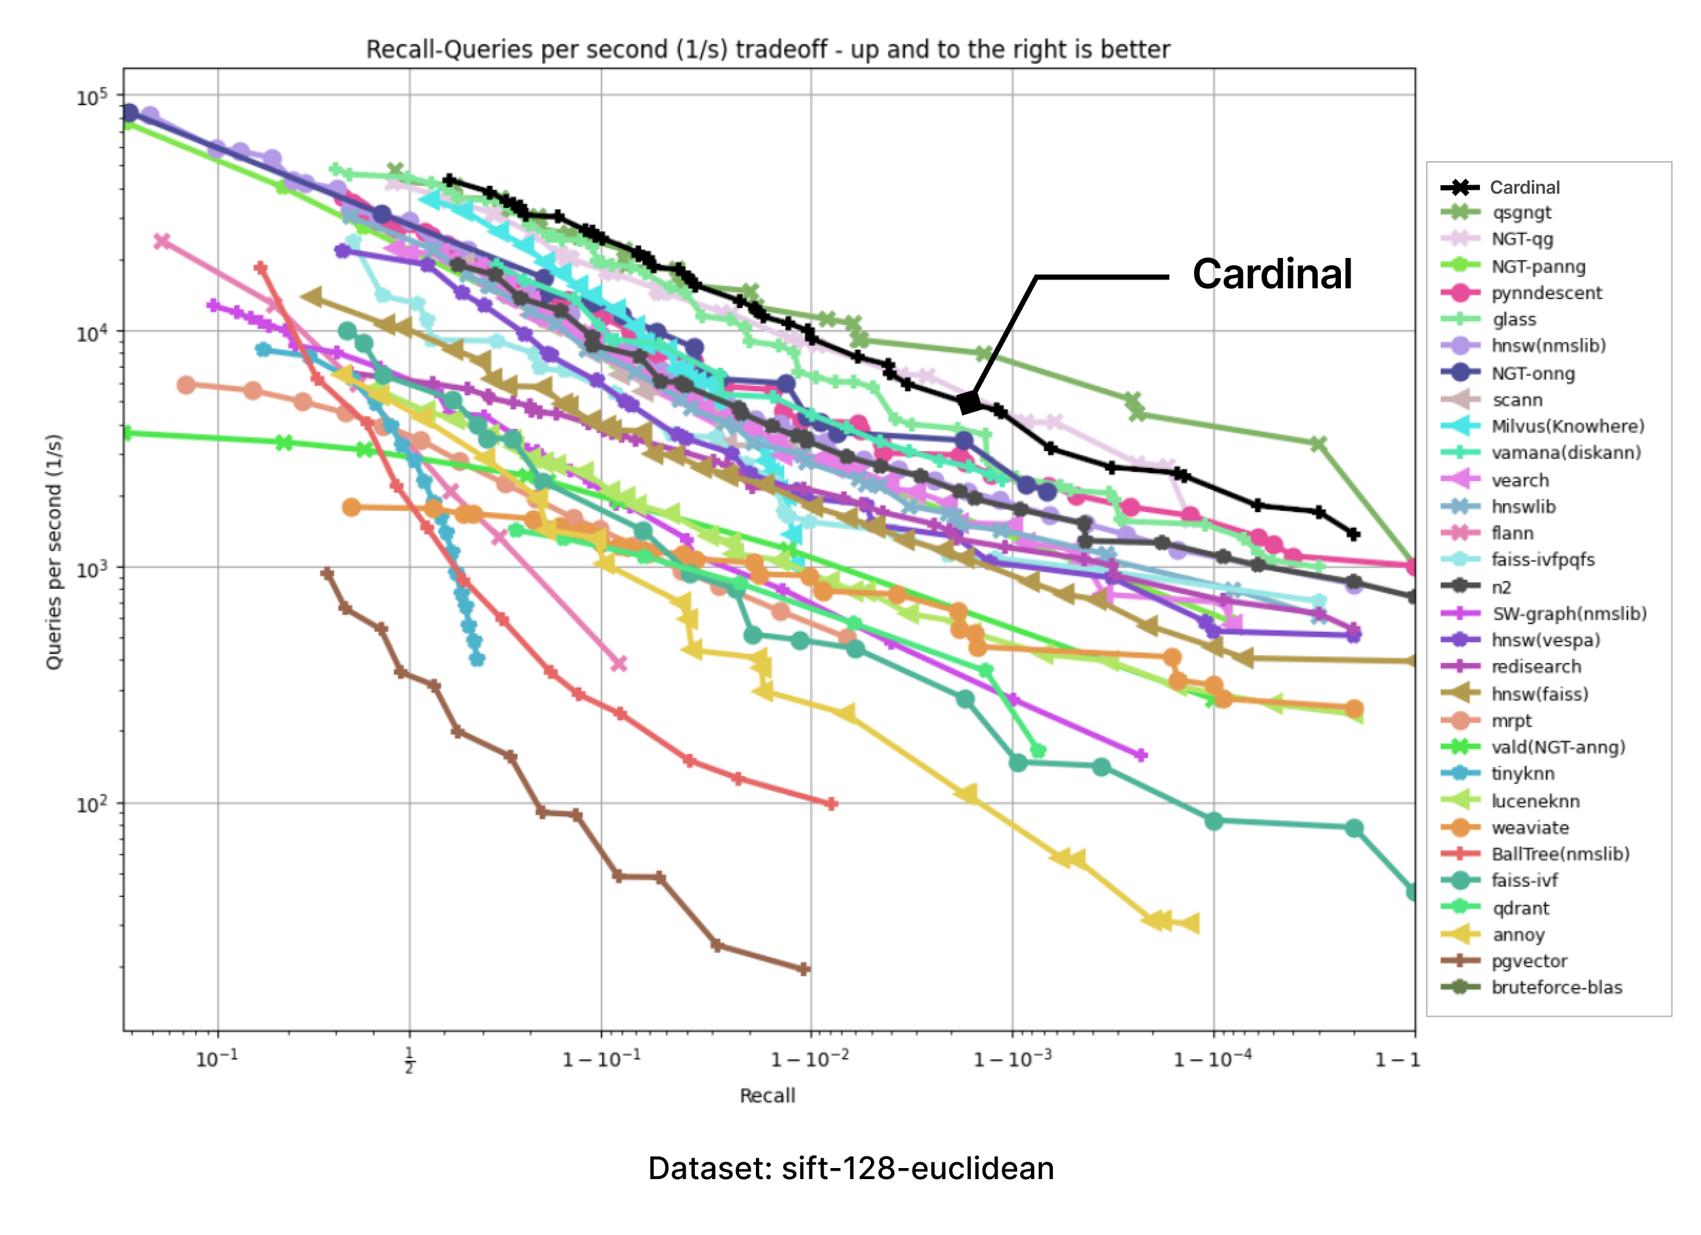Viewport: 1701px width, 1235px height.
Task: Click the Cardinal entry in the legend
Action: pyautogui.click(x=1524, y=187)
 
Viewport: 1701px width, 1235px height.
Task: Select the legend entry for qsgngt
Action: pyautogui.click(x=1521, y=213)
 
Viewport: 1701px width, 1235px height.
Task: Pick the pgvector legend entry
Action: pyautogui.click(x=1529, y=961)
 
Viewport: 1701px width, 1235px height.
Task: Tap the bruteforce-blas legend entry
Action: pyautogui.click(x=1555, y=987)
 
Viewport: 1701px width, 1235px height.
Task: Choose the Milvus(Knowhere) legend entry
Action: pyautogui.click(x=1566, y=426)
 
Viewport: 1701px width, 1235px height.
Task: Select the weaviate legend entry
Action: pyautogui.click(x=1529, y=828)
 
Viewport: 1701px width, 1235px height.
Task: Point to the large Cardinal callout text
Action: pyautogui.click(x=1272, y=274)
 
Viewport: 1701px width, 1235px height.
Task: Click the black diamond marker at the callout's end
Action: pyautogui.click(x=969, y=402)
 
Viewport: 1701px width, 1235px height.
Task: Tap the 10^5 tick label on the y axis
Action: pyautogui.click(x=92, y=97)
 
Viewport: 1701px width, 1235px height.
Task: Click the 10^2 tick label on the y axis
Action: pyautogui.click(x=92, y=805)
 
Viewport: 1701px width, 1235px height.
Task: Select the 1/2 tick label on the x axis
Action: pyautogui.click(x=409, y=1060)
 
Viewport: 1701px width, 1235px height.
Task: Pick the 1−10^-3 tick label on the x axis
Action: pyautogui.click(x=1012, y=1059)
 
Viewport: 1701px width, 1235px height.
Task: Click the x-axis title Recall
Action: pyautogui.click(x=767, y=1095)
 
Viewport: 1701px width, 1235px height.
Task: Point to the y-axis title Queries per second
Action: pyautogui.click(x=53, y=551)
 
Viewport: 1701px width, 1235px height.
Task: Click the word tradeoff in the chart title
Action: pyautogui.click(x=781, y=49)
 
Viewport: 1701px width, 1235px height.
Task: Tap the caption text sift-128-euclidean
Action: pyautogui.click(x=917, y=1168)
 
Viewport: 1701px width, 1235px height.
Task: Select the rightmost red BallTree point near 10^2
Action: pyautogui.click(x=831, y=804)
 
